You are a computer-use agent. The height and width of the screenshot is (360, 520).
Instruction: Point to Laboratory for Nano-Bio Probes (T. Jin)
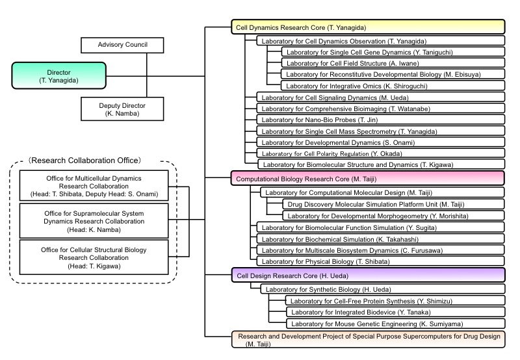click(x=380, y=120)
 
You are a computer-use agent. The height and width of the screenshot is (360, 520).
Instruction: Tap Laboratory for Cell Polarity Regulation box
click(x=380, y=153)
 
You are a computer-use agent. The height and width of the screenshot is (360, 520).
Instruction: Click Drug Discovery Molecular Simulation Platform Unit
click(x=385, y=203)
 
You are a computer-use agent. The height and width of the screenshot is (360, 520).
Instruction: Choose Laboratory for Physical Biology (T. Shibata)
click(x=380, y=261)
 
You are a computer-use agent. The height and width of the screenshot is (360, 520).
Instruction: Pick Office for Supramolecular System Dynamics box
click(x=94, y=220)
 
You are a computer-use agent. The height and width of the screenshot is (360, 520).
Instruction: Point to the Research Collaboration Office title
click(x=94, y=160)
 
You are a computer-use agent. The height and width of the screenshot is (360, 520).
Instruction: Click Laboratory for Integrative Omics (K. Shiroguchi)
click(x=393, y=85)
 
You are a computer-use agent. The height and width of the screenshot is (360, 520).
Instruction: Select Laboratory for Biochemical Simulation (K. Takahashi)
click(x=380, y=238)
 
